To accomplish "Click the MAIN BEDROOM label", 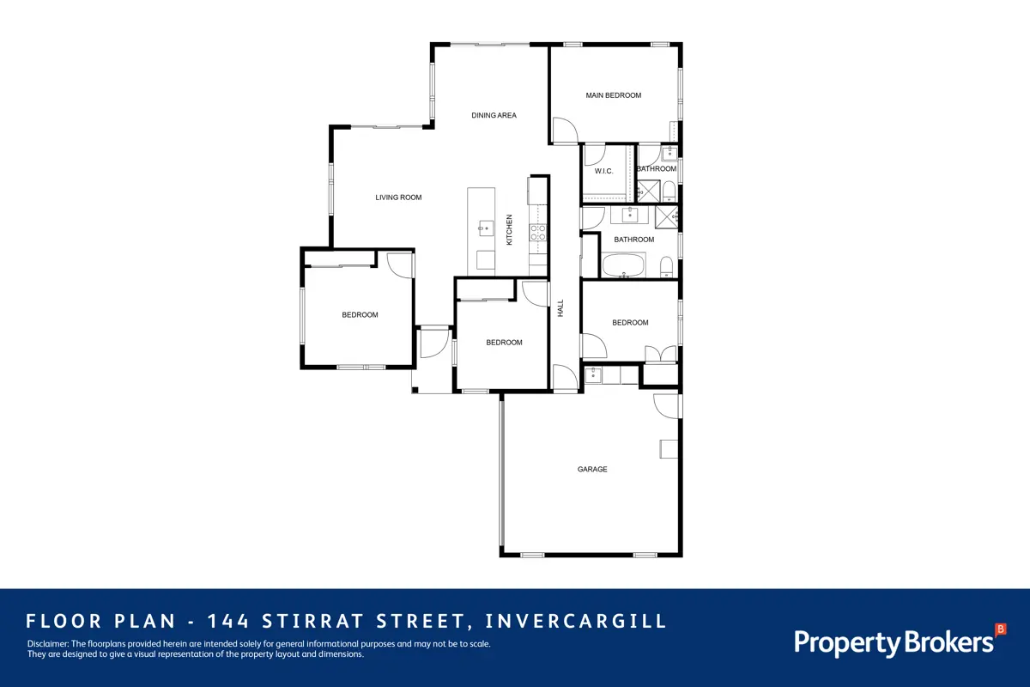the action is tap(614, 95).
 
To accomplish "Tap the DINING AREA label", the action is tap(494, 115).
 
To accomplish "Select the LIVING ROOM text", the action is tap(398, 198).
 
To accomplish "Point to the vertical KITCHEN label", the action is tap(509, 229).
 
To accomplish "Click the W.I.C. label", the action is tap(603, 171).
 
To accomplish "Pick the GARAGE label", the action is tap(592, 470).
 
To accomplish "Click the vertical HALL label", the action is tap(560, 307).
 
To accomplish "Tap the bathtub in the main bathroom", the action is tap(624, 266).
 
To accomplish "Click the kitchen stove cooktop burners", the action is tap(538, 233).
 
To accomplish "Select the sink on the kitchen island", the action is tap(486, 228).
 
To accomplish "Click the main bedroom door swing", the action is tap(565, 131).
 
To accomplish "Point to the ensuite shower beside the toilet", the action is tap(648, 192).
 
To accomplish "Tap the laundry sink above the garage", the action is tap(593, 375).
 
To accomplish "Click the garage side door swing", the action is tap(666, 406).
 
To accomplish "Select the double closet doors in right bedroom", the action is tap(661, 354).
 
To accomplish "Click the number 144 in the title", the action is tap(228, 621).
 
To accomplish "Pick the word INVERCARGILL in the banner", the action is tap(576, 621).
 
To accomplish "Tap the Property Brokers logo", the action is tap(900, 641).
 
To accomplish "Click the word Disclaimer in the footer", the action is tap(48, 644).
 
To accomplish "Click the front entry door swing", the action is tap(434, 343).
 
